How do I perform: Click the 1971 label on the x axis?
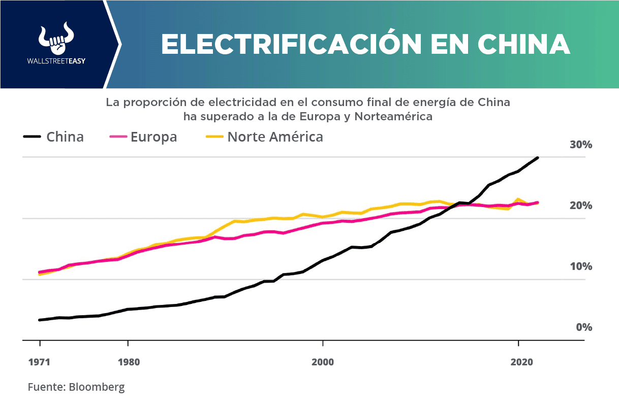39,362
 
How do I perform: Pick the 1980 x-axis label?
128,362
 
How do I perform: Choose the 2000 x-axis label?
323,362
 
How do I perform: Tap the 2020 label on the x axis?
520,362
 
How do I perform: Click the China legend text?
65,137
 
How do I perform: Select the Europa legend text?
153,137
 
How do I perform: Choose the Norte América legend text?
275,137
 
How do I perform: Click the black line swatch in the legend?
32,137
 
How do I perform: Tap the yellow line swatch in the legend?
214,137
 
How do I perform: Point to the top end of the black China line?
538,158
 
